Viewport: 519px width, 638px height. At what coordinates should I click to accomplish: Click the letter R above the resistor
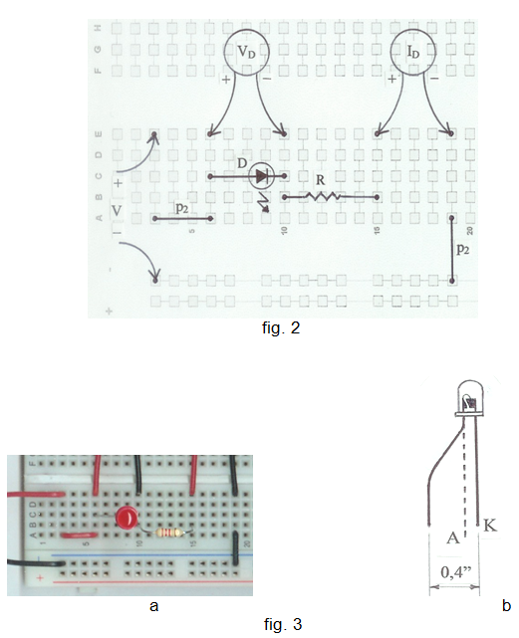(321, 180)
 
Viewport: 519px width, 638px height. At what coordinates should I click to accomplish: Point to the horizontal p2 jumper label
(181, 208)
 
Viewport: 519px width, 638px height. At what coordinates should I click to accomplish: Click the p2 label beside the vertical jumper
(463, 248)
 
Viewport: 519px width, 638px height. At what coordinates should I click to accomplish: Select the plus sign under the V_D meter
(226, 80)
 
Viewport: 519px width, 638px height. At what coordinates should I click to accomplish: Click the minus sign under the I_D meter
(434, 78)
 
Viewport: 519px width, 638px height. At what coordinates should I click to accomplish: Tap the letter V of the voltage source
(117, 211)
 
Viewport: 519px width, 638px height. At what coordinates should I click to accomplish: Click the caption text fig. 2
(281, 327)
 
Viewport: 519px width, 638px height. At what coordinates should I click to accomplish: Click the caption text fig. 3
(283, 624)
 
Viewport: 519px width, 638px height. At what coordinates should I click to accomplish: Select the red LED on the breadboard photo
(127, 518)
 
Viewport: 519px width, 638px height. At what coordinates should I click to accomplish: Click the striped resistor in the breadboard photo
(170, 532)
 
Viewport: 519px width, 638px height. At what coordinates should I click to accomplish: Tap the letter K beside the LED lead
(490, 525)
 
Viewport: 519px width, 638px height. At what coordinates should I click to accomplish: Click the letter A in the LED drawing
(453, 537)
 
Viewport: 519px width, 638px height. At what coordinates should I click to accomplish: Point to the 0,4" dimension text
(456, 572)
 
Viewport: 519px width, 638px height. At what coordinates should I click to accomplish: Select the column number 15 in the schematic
(378, 230)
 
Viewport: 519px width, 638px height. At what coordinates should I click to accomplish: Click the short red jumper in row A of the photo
(79, 534)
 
